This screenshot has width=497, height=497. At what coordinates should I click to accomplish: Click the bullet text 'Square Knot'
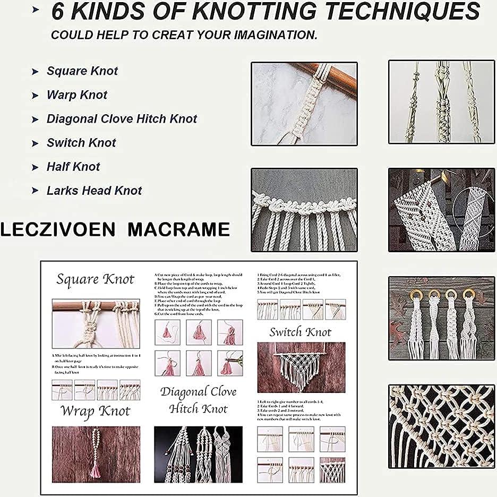coord(82,71)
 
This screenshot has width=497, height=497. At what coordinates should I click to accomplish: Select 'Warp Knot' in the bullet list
coord(77,95)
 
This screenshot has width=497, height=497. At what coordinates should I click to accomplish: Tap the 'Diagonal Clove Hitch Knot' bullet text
coord(122,119)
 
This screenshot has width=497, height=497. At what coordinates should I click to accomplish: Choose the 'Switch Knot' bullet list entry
coord(81,143)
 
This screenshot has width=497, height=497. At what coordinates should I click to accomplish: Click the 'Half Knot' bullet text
coord(73,167)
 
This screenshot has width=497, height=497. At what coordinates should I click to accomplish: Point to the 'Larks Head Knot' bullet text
coord(94,191)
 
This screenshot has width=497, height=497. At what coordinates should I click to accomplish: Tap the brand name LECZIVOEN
coord(57,229)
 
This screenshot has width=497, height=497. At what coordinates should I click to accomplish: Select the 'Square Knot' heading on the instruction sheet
coord(96,280)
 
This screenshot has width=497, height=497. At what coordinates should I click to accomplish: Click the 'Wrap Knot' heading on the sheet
coord(95,411)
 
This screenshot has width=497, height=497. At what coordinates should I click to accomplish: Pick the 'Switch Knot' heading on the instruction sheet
coord(300,333)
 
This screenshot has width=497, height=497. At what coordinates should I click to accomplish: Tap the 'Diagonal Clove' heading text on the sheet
coord(199,392)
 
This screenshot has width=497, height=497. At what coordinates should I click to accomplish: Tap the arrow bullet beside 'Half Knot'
coord(35,167)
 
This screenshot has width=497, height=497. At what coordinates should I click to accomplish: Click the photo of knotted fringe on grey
coord(304,210)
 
